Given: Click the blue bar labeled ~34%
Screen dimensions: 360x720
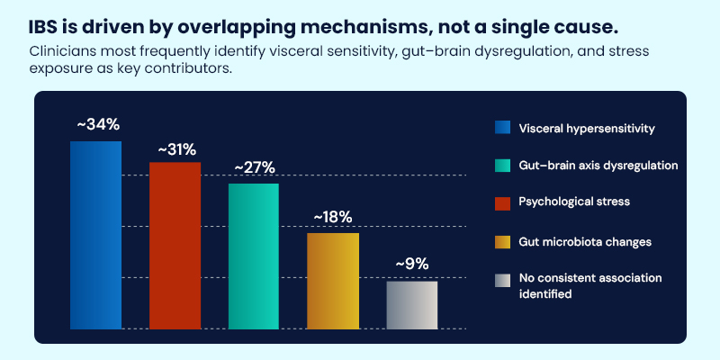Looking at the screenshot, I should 95,234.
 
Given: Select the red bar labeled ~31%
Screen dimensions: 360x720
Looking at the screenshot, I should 175,245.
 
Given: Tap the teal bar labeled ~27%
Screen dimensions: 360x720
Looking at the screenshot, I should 254,256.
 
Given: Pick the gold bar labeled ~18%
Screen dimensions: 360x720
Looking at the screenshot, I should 332,280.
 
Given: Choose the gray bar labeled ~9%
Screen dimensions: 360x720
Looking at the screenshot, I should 411,305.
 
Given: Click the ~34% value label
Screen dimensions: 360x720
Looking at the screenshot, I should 95,124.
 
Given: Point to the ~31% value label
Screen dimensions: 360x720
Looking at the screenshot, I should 175,147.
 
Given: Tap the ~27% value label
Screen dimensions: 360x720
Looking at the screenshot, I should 254,168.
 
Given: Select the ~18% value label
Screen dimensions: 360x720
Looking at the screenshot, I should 332,217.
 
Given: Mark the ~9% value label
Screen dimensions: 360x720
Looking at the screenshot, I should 411,265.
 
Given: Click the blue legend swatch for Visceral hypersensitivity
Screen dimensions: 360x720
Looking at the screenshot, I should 503,128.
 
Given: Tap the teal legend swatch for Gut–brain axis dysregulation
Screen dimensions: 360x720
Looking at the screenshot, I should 503,166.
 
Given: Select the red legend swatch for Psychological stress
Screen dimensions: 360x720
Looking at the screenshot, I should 503,203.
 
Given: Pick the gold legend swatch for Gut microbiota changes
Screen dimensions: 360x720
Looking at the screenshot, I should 503,241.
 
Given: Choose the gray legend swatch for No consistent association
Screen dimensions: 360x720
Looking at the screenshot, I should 503,280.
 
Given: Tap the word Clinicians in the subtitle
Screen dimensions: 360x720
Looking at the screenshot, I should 62,50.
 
